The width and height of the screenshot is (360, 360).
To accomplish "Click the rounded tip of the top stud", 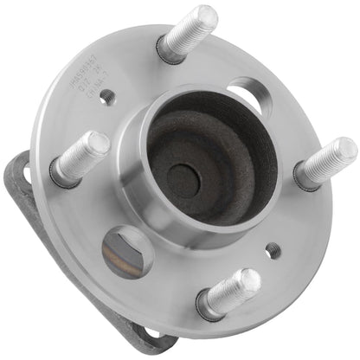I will click(208, 16).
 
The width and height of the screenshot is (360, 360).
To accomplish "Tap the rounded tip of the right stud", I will click(345, 150).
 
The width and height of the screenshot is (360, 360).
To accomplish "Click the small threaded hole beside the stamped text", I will click(106, 98).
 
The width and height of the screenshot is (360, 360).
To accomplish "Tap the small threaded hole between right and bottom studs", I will click(273, 250).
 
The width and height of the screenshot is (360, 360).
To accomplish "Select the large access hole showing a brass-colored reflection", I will click(125, 251).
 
